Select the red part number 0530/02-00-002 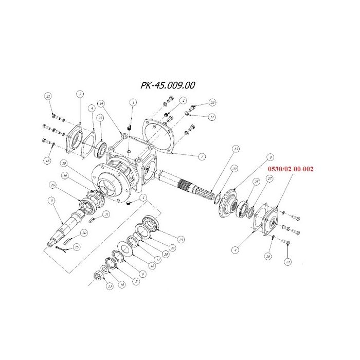(290, 168)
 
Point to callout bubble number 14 (102, 103)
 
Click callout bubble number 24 (181, 240)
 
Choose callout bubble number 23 (109, 286)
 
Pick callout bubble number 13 (235, 149)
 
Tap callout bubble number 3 (80, 94)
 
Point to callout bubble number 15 (77, 247)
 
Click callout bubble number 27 (269, 178)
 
